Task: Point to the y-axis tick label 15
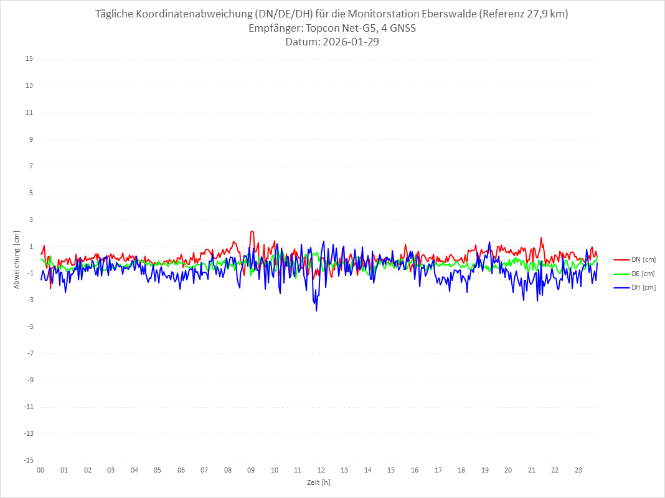(x=29, y=59)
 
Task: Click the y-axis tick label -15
(x=28, y=461)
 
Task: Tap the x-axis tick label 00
(x=40, y=470)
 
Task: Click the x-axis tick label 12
(x=321, y=470)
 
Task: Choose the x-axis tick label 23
(x=578, y=470)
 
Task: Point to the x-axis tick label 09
(x=251, y=470)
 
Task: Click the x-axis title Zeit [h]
(x=319, y=482)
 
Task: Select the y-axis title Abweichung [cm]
(x=17, y=260)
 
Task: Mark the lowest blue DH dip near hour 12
(x=316, y=310)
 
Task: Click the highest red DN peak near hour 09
(x=252, y=231)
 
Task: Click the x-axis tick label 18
(x=461, y=470)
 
